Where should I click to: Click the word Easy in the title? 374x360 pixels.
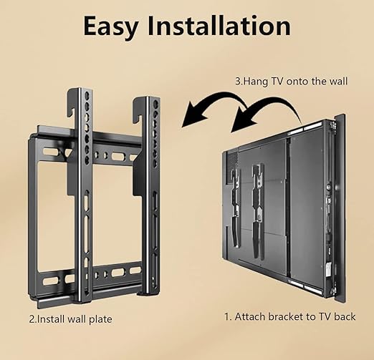click(x=110, y=26)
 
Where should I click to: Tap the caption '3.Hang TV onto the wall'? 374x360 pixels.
click(x=291, y=81)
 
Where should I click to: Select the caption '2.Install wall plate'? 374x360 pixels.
click(x=71, y=319)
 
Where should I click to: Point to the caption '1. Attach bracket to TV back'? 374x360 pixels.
click(x=289, y=316)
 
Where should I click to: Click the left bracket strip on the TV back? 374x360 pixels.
click(x=236, y=208)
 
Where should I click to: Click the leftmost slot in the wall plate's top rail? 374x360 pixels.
click(x=50, y=152)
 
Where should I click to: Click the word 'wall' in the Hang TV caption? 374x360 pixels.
click(x=338, y=81)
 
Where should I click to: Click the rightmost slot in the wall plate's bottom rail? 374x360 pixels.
click(x=135, y=271)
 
